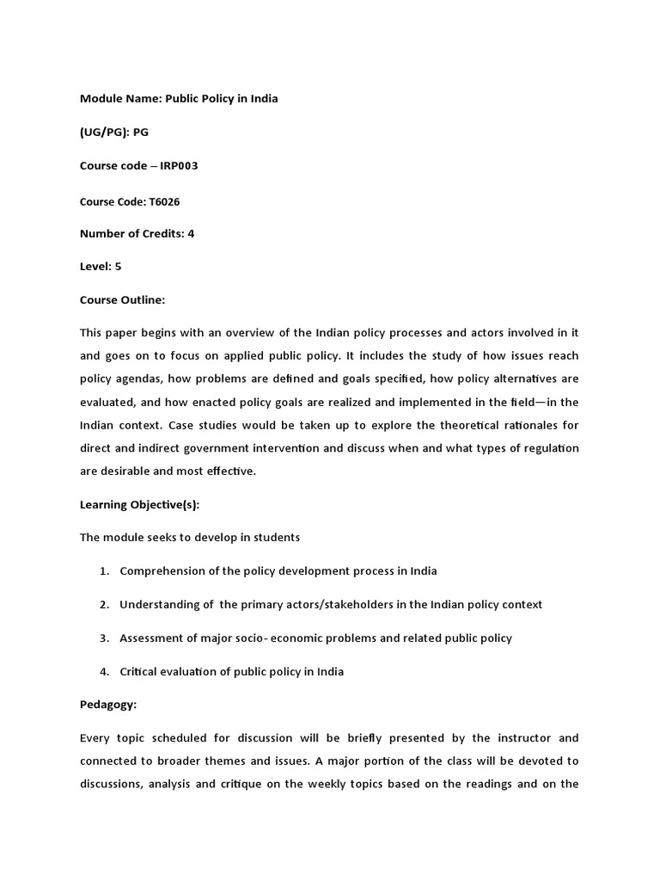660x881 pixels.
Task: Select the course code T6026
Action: (x=165, y=201)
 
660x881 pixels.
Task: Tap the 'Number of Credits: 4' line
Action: (x=137, y=234)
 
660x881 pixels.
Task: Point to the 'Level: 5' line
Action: (x=101, y=267)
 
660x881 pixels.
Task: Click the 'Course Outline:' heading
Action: (x=122, y=300)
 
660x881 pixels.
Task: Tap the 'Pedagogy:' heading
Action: (x=108, y=705)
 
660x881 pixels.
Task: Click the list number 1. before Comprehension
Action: (x=104, y=571)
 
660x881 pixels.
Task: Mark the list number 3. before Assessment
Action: (x=104, y=638)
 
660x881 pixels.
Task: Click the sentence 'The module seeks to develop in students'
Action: (x=190, y=538)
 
